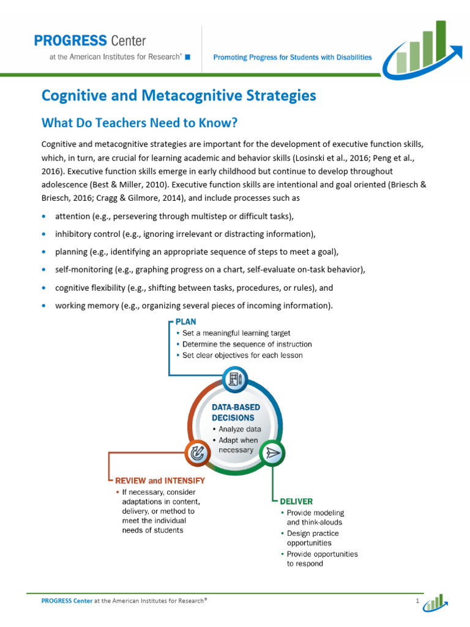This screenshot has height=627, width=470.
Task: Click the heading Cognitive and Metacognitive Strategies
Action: [179, 96]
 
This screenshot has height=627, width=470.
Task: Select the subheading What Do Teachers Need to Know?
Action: [139, 123]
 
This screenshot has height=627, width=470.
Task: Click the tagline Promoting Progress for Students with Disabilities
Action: [292, 57]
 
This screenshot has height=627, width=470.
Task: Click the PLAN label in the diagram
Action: [186, 321]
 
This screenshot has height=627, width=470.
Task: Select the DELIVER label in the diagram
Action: [296, 501]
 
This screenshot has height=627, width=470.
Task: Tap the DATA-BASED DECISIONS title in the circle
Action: [236, 412]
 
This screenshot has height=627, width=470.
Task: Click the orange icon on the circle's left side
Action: [197, 453]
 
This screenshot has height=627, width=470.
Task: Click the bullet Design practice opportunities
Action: [312, 538]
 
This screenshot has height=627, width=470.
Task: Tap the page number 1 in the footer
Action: [417, 601]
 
